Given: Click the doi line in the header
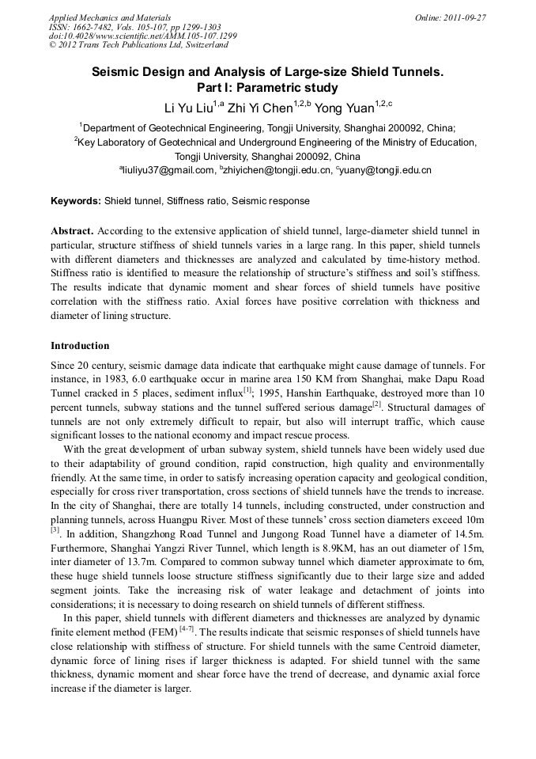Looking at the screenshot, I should pyautogui.click(x=142, y=36).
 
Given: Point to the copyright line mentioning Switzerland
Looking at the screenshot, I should pyautogui.click(x=138, y=46).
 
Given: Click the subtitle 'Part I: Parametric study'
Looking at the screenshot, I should pyautogui.click(x=267, y=88).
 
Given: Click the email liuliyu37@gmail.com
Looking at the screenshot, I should pyautogui.click(x=168, y=170).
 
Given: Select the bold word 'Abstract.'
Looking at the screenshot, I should pyautogui.click(x=73, y=231).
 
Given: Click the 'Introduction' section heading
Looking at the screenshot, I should pyautogui.click(x=80, y=346).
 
